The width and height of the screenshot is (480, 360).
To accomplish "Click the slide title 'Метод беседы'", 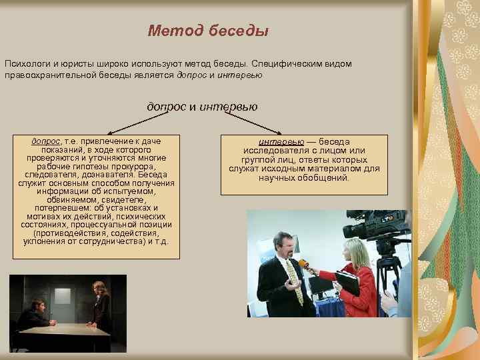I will pyautogui.click(x=207, y=31).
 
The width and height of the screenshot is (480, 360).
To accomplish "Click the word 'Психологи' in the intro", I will pyautogui.click(x=27, y=63).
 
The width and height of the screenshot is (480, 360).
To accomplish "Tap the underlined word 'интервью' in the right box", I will pyautogui.click(x=281, y=142).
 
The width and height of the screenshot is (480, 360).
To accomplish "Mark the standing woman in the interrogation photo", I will pyautogui.click(x=102, y=306).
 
